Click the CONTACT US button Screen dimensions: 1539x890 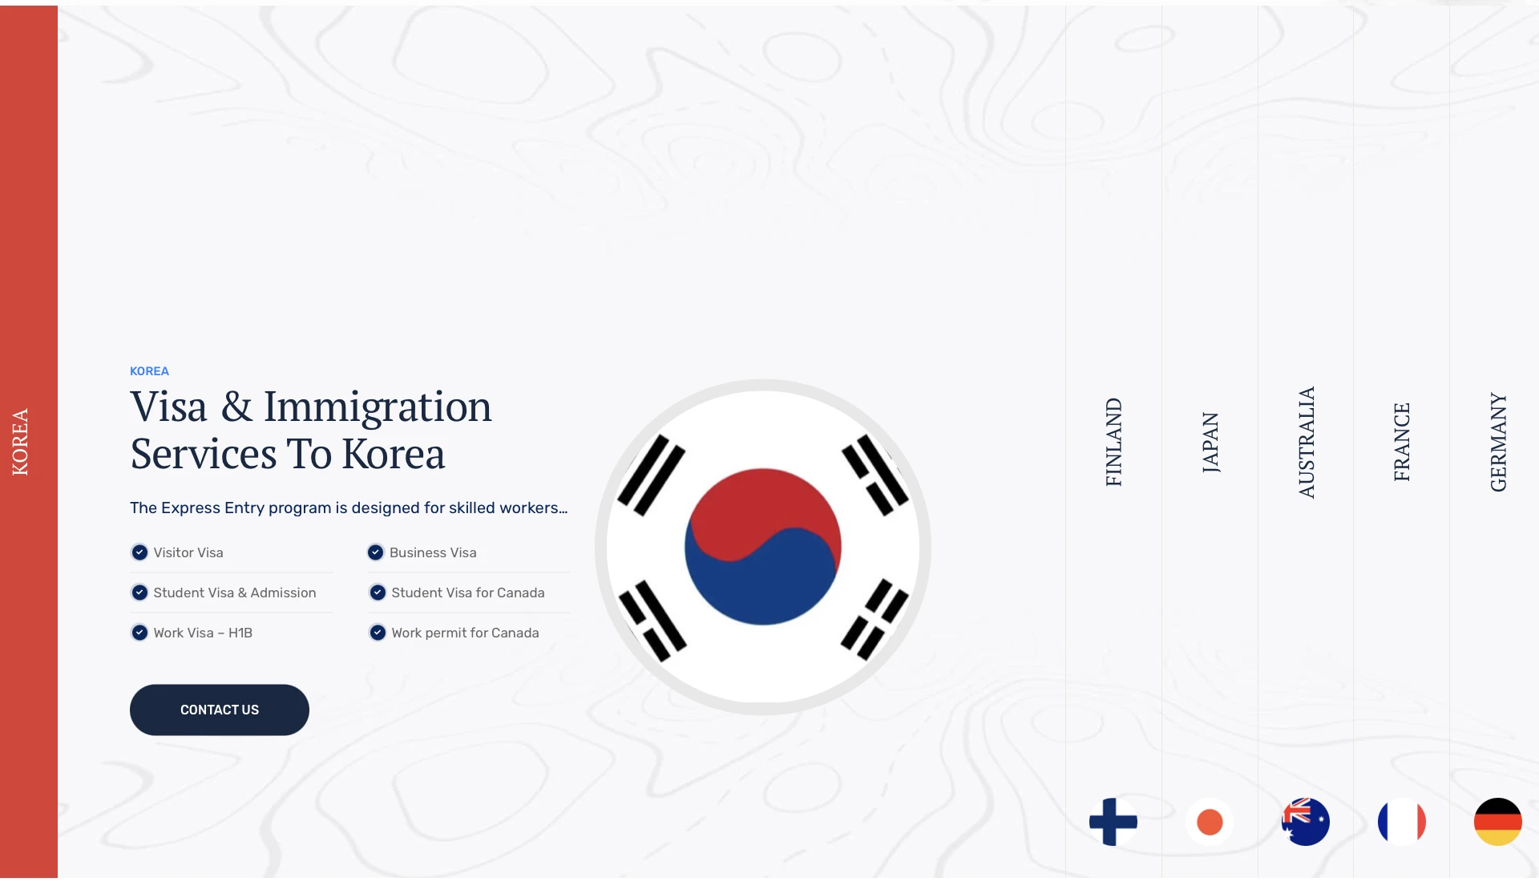(220, 710)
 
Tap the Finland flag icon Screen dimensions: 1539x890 (1113, 822)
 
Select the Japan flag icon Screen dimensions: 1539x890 (1210, 822)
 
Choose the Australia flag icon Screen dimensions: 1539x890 (1306, 822)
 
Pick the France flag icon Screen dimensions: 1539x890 (1402, 822)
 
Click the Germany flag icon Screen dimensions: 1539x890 (1498, 822)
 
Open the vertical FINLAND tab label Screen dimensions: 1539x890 (1113, 442)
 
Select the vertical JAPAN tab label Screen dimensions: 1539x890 (1210, 442)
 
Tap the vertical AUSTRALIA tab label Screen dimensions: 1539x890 (1306, 442)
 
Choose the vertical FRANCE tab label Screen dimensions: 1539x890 (1402, 442)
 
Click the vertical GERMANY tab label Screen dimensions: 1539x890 (1498, 442)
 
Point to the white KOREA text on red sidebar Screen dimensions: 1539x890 (20, 442)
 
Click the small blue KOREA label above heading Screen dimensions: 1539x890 (149, 371)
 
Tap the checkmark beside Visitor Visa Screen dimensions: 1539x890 (139, 552)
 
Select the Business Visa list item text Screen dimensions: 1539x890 (433, 552)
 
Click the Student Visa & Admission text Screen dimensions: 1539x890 (235, 593)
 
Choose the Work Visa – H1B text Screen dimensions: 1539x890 (203, 633)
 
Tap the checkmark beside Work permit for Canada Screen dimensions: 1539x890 (378, 633)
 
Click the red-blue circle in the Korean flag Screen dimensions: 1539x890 (762, 547)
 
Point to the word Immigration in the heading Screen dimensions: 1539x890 (378, 407)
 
